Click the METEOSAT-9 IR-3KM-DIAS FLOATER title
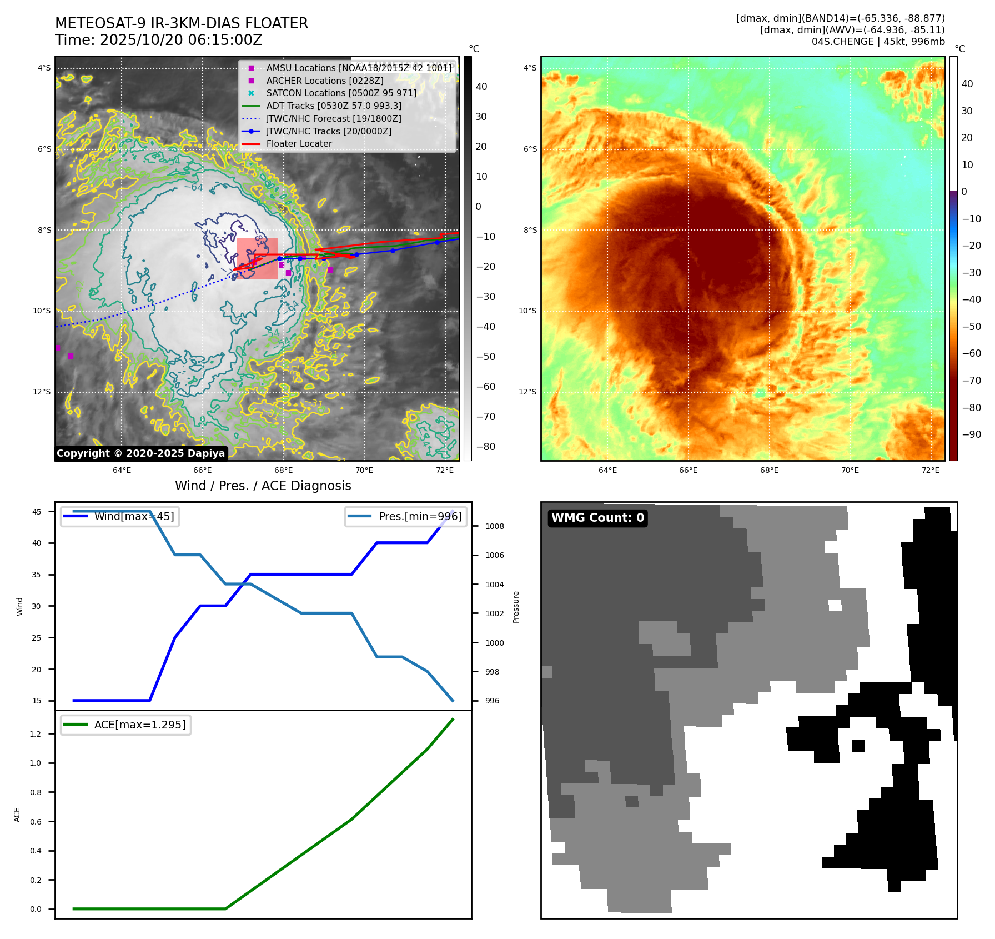click(181, 23)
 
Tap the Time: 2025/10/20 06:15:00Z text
click(158, 40)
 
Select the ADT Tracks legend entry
click(333, 106)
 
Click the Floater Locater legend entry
click(299, 143)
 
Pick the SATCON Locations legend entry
click(340, 93)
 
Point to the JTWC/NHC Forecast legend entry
click(333, 118)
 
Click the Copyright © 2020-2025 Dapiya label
click(140, 453)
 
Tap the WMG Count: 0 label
click(597, 518)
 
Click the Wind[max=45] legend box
click(120, 517)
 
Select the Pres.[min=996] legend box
click(405, 517)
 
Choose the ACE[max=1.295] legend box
click(125, 725)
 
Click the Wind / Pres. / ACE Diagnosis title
click(263, 486)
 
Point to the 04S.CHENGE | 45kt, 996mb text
click(878, 42)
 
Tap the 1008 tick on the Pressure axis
click(494, 526)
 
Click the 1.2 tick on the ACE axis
click(36, 734)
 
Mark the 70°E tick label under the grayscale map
click(364, 470)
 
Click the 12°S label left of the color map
click(527, 392)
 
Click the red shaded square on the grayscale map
click(257, 258)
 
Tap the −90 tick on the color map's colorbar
click(971, 434)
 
